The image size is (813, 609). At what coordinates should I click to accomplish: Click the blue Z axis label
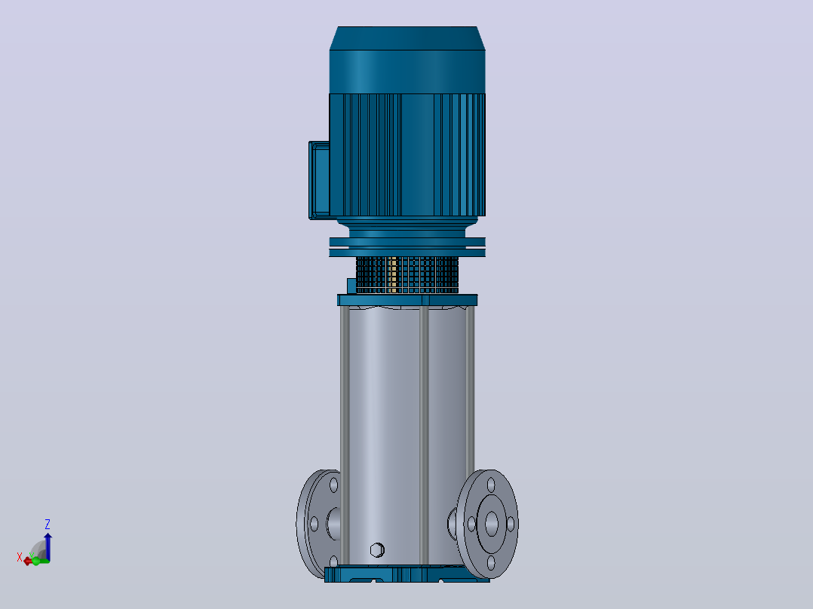pyautogui.click(x=48, y=524)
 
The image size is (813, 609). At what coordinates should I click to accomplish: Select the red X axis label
pyautogui.click(x=20, y=557)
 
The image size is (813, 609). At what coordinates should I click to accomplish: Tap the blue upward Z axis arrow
pyautogui.click(x=48, y=546)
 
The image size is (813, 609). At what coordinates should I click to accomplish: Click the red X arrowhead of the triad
pyautogui.click(x=27, y=562)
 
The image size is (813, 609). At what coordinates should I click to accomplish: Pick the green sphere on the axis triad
pyautogui.click(x=35, y=562)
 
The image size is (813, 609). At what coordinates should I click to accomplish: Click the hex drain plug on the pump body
pyautogui.click(x=377, y=550)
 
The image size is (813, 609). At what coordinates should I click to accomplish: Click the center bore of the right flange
pyautogui.click(x=491, y=524)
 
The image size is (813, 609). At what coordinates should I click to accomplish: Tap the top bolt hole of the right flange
pyautogui.click(x=490, y=485)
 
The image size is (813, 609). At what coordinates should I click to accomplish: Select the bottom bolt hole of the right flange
pyautogui.click(x=490, y=562)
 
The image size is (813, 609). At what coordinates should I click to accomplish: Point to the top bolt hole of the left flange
pyautogui.click(x=333, y=485)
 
